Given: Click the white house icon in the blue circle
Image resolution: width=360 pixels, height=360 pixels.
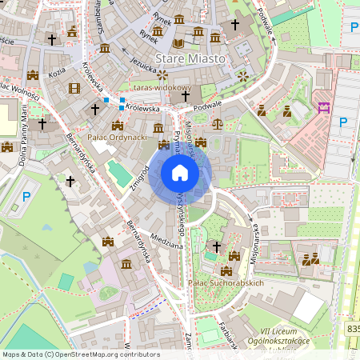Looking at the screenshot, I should coord(180,173).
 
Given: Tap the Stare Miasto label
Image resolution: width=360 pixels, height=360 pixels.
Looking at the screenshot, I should coord(191,59).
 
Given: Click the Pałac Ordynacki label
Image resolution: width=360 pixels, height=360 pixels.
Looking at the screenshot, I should coord(117,137).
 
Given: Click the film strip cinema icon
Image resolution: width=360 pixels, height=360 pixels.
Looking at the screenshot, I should coord(74,88).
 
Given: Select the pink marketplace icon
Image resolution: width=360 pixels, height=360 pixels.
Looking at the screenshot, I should coord(324,107).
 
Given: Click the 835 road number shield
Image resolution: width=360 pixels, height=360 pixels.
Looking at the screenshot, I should coord(353,328).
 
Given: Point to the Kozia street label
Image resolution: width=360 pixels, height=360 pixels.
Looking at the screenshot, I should coord(57,72).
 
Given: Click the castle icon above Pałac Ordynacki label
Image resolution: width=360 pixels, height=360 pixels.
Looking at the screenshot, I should coord(118,125).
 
